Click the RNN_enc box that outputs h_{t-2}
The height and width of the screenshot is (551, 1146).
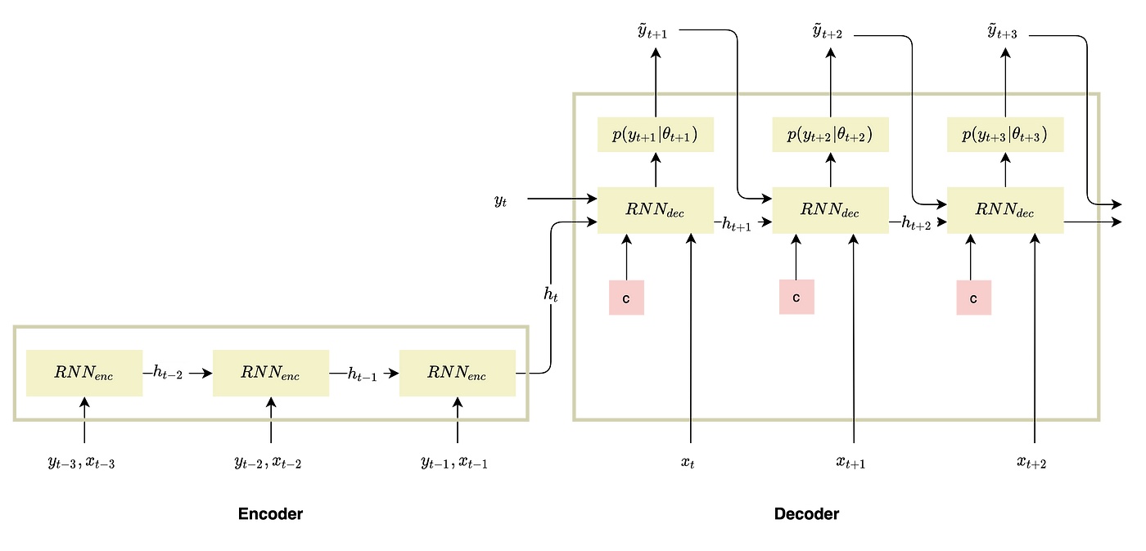[83, 374]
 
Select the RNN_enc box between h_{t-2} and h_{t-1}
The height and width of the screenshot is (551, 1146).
[270, 374]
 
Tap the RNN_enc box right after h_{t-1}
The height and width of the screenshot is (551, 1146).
[457, 374]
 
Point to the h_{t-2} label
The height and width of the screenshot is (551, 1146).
[170, 373]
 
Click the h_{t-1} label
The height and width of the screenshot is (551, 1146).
[364, 374]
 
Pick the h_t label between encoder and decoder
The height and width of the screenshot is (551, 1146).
[553, 293]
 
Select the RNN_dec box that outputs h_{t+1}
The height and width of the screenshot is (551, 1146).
[655, 211]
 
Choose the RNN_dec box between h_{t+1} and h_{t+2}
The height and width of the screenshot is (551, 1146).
[830, 211]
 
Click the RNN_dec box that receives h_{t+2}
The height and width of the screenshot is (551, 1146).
[1004, 211]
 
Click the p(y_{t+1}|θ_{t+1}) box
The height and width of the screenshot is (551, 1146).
[655, 135]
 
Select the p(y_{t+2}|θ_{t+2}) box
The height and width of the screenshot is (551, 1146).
[830, 135]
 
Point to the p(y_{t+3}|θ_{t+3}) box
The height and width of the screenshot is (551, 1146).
[1004, 135]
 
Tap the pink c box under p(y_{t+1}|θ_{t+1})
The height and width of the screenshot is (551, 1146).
[626, 298]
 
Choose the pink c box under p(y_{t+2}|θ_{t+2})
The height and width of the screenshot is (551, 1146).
[796, 297]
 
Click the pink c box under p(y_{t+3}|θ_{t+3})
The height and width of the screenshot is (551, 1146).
[973, 298]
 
